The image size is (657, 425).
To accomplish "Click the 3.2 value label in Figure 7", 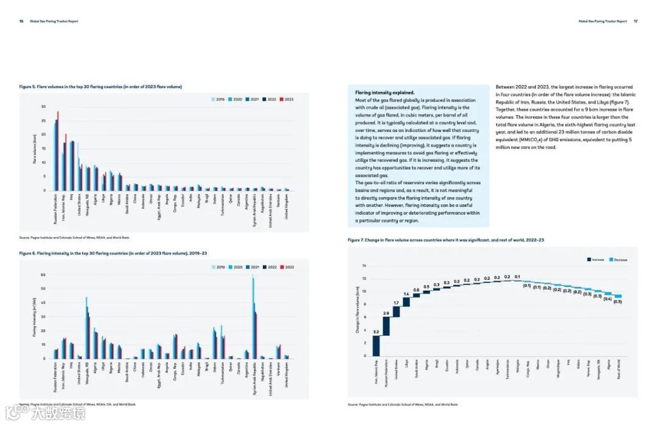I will click(376, 332).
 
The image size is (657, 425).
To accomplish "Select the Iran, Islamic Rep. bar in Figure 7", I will click(376, 345).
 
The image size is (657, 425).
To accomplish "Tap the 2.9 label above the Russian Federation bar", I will click(386, 313).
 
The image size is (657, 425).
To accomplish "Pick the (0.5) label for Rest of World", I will click(617, 302).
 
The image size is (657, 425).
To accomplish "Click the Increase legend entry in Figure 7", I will click(594, 260).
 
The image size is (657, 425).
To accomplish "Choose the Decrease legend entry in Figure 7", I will click(617, 260).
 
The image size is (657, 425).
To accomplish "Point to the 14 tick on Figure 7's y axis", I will click(364, 266).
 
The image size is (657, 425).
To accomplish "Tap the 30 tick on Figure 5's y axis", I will click(43, 106).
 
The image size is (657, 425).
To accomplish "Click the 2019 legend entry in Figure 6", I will click(218, 267).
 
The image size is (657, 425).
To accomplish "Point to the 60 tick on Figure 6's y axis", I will click(43, 275).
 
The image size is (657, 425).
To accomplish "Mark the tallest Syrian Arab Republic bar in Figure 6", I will click(252, 316).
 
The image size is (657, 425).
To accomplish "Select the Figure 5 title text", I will click(100, 86).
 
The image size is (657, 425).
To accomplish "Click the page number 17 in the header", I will click(635, 21).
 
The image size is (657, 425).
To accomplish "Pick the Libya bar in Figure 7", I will click(406, 302).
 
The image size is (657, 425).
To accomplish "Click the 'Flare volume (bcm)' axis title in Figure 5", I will click(35, 148).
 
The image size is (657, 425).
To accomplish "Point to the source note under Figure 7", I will click(402, 404).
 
